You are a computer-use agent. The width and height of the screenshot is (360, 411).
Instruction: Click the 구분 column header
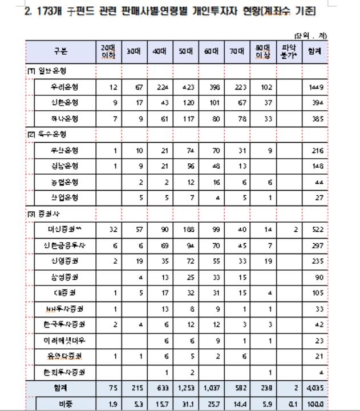[x=60, y=51]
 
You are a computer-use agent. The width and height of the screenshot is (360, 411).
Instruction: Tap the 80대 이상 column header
[x=262, y=51]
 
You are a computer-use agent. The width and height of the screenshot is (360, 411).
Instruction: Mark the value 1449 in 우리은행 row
[x=315, y=87]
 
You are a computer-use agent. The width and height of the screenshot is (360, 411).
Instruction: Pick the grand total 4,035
[x=315, y=389]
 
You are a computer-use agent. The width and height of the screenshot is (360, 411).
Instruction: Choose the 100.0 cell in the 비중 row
[x=315, y=404]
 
